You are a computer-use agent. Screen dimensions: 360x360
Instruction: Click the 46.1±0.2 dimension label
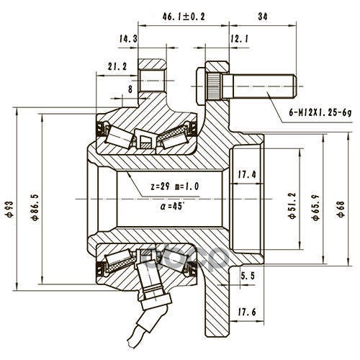coord(184,17)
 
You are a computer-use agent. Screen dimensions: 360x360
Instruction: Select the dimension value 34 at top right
coord(263,17)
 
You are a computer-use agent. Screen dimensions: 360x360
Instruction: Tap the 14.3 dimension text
coord(128,38)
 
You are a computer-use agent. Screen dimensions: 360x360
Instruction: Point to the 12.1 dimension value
coord(240,38)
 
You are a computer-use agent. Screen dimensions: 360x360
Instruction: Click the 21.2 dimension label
coord(117,66)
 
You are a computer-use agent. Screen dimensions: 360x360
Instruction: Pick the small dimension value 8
coord(130,89)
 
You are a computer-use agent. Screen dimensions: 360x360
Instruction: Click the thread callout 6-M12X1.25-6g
coord(320,112)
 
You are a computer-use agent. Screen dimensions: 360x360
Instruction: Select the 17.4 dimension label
coord(247,174)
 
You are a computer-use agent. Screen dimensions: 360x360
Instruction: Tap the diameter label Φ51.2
coord(293,205)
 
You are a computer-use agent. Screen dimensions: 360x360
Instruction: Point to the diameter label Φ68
coord(341,209)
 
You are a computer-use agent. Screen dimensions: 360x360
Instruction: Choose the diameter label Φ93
coord(11,210)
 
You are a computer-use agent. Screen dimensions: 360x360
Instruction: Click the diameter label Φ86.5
coord(35,207)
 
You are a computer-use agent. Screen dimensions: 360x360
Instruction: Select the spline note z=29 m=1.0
coord(175,186)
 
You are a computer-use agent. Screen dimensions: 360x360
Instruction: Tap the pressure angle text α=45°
coord(173,206)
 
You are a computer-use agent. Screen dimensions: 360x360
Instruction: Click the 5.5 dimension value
coord(247,276)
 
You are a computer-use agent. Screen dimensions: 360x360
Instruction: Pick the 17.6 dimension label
coord(247,312)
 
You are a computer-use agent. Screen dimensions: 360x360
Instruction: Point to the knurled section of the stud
coord(215,86)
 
